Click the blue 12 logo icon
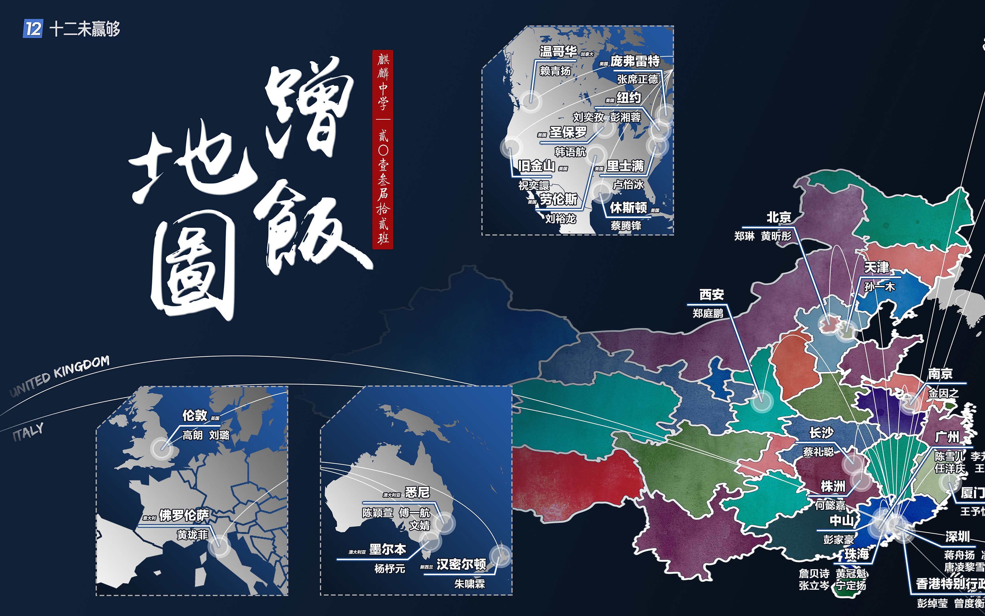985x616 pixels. [x=32, y=29]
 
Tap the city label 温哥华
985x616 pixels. [x=558, y=51]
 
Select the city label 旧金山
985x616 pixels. [x=536, y=166]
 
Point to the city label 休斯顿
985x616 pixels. [x=628, y=208]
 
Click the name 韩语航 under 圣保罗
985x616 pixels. [x=570, y=152]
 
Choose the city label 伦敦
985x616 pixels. [x=195, y=416]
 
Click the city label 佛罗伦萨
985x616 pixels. [x=184, y=515]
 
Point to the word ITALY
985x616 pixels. [x=28, y=432]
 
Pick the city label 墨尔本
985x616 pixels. [x=388, y=549]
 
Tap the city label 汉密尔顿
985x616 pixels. [x=461, y=564]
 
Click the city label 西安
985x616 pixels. [x=711, y=294]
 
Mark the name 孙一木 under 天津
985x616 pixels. [x=879, y=287]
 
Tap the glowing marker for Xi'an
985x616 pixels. [x=762, y=401]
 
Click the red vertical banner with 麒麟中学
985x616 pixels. [x=382, y=149]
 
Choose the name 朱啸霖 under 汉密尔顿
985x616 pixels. [x=469, y=584]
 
